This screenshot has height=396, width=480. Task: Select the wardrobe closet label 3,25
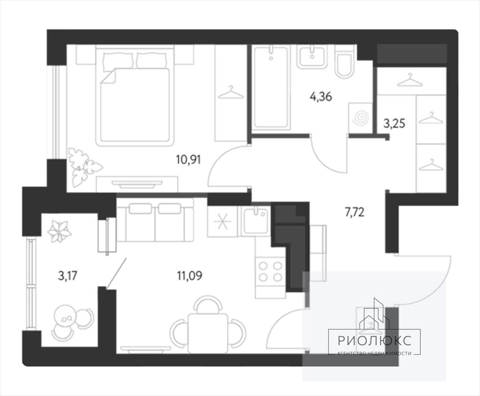pos(394,124)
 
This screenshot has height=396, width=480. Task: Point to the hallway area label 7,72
pos(354,212)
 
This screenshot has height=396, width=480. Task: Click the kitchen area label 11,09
pos(189,276)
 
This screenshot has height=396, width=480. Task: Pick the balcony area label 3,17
pos(67,276)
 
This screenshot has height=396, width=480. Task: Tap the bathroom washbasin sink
pos(312,57)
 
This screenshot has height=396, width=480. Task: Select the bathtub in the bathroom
pos(270,87)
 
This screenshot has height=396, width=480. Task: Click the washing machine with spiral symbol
pos(360,118)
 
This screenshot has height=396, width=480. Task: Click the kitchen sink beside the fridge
pos(255,221)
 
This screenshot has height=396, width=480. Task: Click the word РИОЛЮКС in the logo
pos(375,341)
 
